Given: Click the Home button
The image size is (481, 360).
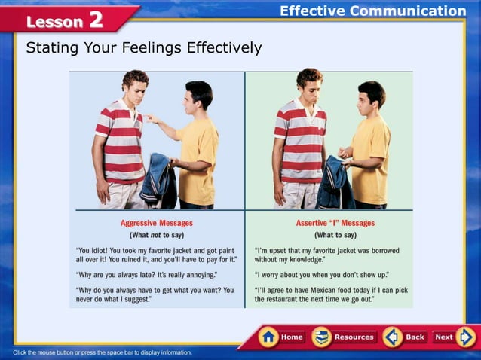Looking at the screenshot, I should click(x=282, y=337).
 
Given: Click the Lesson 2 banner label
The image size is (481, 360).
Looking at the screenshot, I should click(x=64, y=20).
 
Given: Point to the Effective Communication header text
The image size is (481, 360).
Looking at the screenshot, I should click(x=372, y=11).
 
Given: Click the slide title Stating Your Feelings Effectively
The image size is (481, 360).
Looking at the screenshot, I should click(x=144, y=48).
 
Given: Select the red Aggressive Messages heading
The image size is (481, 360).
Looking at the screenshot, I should click(x=157, y=224).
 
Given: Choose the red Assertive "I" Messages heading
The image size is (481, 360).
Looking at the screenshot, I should click(x=335, y=224).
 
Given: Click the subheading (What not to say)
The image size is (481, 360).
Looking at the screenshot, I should click(x=157, y=236).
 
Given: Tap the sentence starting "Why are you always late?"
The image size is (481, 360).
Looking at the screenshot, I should click(x=146, y=275).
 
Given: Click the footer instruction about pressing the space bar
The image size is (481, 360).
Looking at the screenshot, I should click(x=103, y=352).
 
